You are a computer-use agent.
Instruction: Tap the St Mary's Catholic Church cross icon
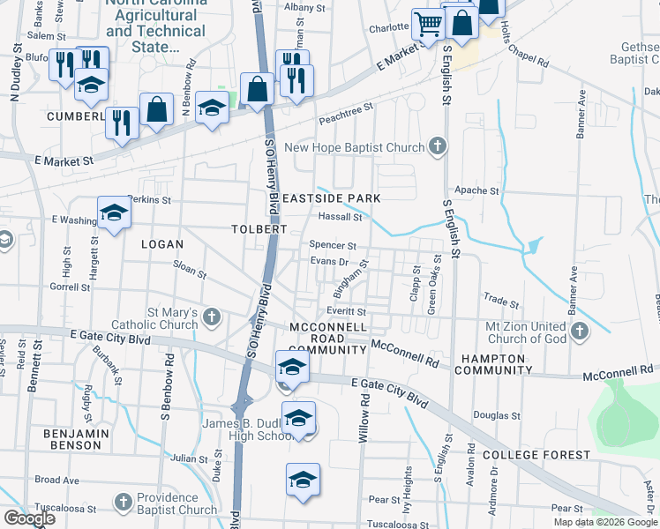pyautogui.click(x=211, y=316)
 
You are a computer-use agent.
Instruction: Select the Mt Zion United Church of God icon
pyautogui.click(x=579, y=331)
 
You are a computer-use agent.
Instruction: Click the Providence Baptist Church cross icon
pyautogui.click(x=123, y=502)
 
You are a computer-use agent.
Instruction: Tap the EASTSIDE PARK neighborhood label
pyautogui.click(x=332, y=198)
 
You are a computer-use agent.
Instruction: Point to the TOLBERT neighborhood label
pyautogui.click(x=259, y=228)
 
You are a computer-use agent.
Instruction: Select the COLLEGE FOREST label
pyautogui.click(x=536, y=455)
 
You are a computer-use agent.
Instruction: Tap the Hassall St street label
pyautogui.click(x=341, y=217)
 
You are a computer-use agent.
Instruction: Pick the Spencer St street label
pyautogui.click(x=333, y=246)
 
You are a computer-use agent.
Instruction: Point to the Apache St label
pyautogui.click(x=476, y=190)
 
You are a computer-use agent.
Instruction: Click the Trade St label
pyautogui.click(x=501, y=302)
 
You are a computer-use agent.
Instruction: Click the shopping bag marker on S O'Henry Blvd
pyautogui.click(x=257, y=89)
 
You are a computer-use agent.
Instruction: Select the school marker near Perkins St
pyautogui.click(x=114, y=213)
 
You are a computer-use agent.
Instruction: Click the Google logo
pyautogui.click(x=29, y=518)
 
